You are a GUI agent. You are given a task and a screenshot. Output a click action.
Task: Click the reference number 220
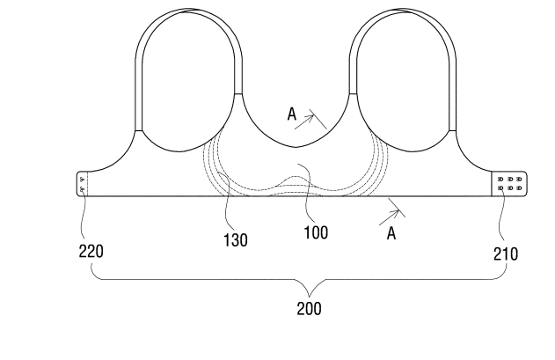pos(91,251)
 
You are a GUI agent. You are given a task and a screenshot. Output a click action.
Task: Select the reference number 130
pos(236,240)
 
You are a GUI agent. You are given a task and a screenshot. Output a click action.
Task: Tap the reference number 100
pos(316,232)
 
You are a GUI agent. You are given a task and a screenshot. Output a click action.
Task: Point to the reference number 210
pos(506,253)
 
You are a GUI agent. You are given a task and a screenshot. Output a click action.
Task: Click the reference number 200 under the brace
pos(309,309)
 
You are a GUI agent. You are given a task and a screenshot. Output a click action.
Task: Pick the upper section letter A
pos(292,114)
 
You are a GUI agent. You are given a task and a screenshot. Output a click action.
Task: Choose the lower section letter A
pos(391,233)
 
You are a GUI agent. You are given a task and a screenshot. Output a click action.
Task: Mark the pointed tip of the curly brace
pos(310,297)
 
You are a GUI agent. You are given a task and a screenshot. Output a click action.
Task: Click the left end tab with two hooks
pos(82,184)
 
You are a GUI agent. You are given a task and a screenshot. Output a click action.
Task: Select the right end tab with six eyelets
pos(509,184)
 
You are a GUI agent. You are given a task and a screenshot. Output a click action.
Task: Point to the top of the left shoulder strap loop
pos(188,10)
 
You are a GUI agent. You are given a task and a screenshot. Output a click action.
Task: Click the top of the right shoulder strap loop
pos(403,9)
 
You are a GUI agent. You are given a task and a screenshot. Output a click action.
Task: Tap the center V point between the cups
pos(296,147)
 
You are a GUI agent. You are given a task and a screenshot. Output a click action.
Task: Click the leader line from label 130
pos(226,202)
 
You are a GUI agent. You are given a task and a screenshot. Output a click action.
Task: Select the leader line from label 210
pos(500,213)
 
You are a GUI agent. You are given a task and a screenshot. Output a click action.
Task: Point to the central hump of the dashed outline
pos(294,176)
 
